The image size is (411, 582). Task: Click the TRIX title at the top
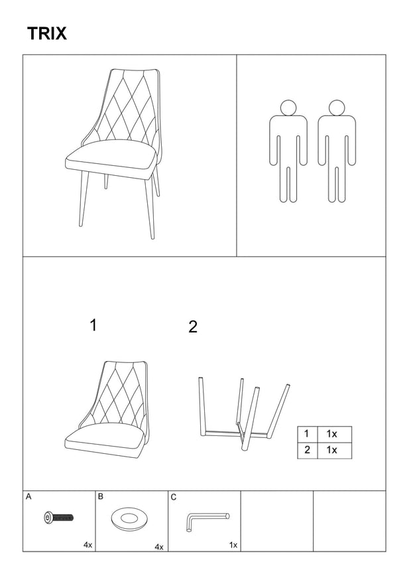pos(47,33)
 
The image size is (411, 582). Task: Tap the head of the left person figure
pos(288,108)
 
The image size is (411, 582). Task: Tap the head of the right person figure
pos(337,108)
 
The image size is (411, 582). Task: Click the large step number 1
pos(93,325)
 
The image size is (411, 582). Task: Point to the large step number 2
pos(193,327)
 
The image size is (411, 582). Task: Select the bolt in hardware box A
pos(58,517)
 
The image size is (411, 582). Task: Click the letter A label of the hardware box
pos(29,496)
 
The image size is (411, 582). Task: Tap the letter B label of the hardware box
pos(101,496)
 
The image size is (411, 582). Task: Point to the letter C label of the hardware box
pos(174,497)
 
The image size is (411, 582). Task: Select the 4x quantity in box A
pos(88,545)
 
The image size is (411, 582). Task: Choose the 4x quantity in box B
pos(159,547)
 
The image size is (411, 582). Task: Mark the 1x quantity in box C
pos(233,545)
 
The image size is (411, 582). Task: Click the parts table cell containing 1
pos(307,434)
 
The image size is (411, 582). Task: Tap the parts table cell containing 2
pos(307,451)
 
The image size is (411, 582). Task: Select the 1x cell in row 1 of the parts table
pos(334,434)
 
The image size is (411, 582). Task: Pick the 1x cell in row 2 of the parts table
pos(334,451)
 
